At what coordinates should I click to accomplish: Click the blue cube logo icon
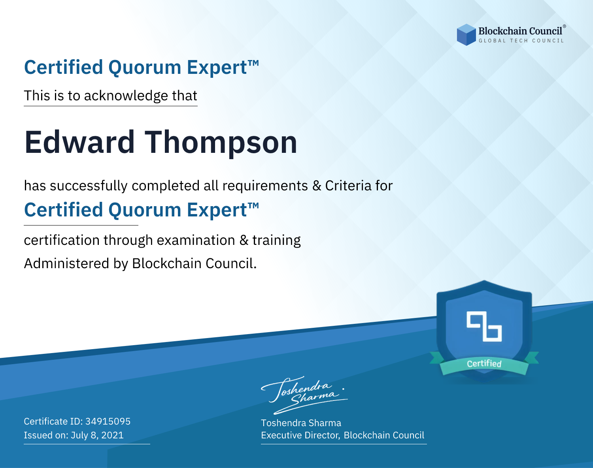466,35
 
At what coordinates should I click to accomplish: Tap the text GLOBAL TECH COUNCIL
521,41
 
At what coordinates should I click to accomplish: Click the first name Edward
79,142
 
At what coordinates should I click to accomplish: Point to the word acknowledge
126,96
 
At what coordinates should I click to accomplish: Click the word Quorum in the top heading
145,68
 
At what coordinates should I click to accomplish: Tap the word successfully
89,186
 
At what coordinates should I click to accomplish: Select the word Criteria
348,186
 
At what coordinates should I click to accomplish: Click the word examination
196,240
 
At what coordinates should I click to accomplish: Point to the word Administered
66,263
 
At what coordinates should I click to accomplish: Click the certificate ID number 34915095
108,421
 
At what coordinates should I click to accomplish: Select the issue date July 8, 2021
97,435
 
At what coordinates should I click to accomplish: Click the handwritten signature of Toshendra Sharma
304,395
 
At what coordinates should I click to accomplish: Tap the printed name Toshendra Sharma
301,423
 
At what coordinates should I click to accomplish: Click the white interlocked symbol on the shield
484,326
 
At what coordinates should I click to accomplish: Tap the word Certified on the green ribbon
484,364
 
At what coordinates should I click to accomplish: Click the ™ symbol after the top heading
253,63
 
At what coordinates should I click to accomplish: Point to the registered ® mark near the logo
564,26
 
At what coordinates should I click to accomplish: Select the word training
276,241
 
